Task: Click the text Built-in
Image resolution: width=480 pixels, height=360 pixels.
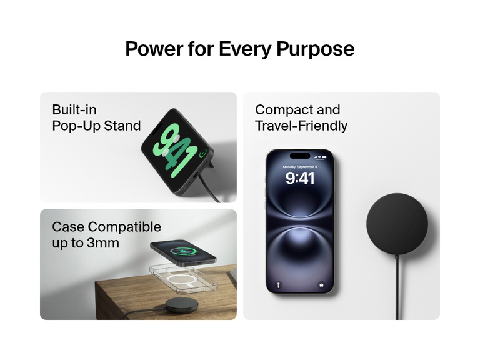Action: point(74,110)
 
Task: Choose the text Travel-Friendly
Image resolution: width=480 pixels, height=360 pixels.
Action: point(301,126)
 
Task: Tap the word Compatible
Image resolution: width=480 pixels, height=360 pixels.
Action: point(124,227)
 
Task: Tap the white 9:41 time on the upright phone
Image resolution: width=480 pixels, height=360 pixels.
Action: point(300,179)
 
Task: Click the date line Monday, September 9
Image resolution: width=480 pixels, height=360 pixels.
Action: point(300,167)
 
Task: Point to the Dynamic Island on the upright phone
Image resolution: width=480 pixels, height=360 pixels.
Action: point(300,156)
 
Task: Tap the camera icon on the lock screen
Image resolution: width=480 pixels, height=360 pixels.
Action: point(321,285)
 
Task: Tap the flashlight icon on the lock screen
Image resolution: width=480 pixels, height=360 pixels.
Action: point(279,285)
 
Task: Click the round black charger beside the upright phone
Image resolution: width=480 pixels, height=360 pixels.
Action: point(397,224)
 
